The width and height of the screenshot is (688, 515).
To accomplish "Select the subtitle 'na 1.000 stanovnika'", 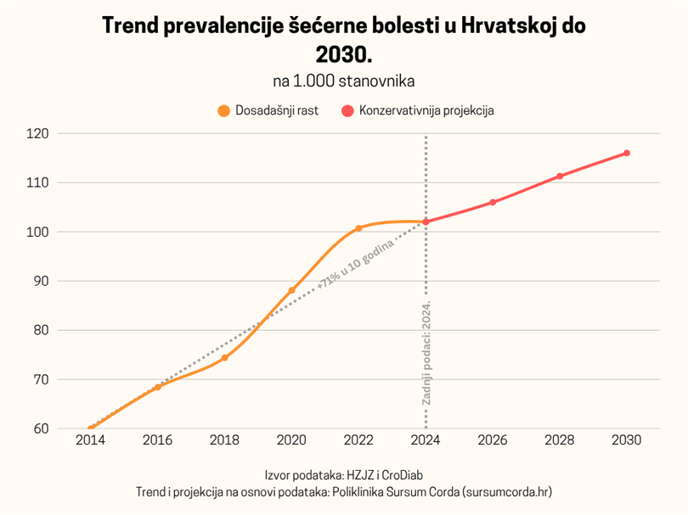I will click(x=344, y=81).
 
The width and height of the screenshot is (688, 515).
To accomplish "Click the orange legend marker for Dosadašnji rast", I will click(x=224, y=110).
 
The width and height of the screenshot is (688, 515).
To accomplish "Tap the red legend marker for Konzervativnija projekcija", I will click(x=347, y=110).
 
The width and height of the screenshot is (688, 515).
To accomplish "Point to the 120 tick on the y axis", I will click(x=38, y=134).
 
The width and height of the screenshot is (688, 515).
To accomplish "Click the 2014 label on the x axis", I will click(x=90, y=442).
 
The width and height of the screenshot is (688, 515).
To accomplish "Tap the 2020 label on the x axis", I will click(x=291, y=442).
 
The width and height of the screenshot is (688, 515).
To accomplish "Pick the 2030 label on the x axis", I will click(x=626, y=442).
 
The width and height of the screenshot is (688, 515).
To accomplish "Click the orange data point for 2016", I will click(x=157, y=387).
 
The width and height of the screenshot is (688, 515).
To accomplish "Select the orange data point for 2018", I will click(x=224, y=358).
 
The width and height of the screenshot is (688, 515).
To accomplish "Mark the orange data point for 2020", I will click(x=291, y=290).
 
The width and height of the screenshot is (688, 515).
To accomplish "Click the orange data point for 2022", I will click(x=358, y=228).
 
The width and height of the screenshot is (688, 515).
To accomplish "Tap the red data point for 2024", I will click(x=426, y=222).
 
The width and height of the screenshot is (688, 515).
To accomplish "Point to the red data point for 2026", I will click(x=493, y=202).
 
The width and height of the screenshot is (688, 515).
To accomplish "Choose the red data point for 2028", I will click(x=560, y=176).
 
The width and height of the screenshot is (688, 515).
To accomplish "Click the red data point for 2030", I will click(x=626, y=153).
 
